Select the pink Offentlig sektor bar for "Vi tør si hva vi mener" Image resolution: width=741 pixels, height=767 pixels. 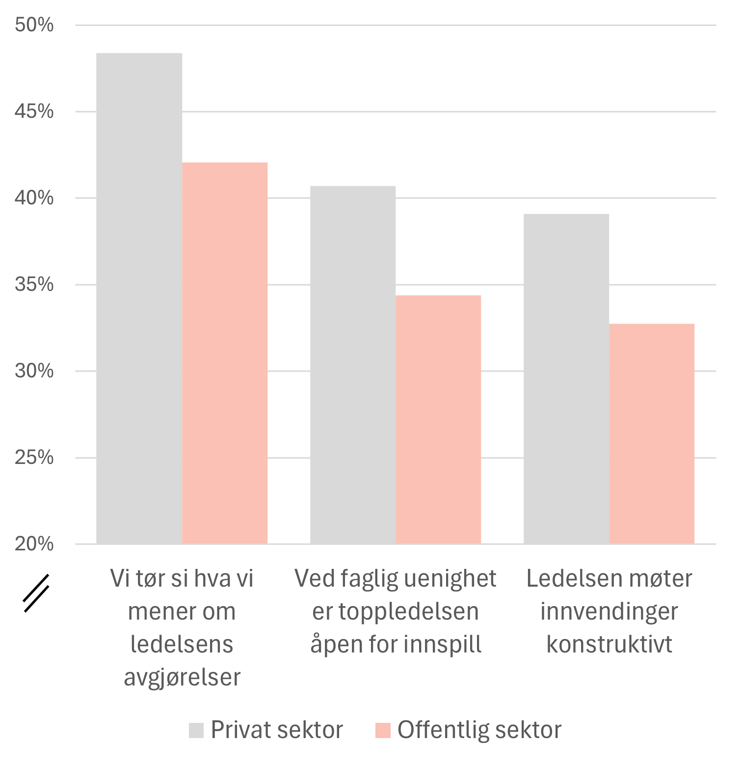(225, 353)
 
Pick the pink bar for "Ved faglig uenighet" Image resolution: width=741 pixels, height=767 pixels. (438, 419)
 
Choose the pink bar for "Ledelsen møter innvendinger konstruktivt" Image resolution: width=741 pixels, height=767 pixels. (652, 434)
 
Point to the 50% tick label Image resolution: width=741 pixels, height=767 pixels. (34, 25)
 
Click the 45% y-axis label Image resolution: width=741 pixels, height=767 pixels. (34, 112)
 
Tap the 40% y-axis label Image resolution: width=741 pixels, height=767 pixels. (34, 198)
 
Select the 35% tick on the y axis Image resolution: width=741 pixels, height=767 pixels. (34, 285)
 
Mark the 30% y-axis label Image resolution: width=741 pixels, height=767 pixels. (34, 371)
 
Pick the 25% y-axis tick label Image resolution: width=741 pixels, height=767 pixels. (34, 458)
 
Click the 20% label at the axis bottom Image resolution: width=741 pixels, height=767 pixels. (34, 544)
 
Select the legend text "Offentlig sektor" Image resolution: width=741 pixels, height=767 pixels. (479, 730)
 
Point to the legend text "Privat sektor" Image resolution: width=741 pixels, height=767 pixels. (277, 730)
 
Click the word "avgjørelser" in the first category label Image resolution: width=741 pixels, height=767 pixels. (182, 677)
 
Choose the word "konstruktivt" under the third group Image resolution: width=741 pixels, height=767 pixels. (609, 644)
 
